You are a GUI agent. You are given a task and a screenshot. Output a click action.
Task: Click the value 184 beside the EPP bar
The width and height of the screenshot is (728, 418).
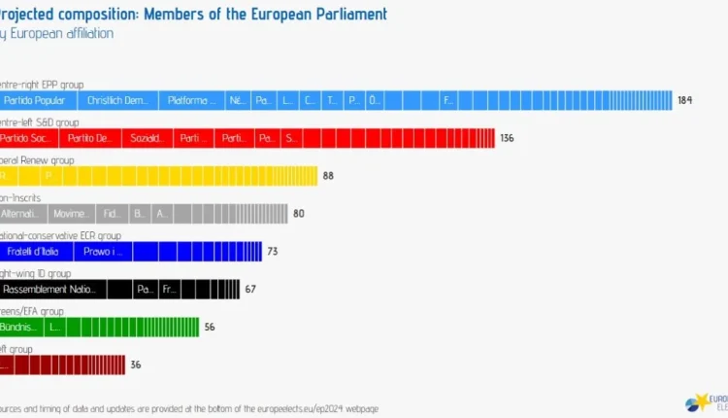pyautogui.click(x=684, y=100)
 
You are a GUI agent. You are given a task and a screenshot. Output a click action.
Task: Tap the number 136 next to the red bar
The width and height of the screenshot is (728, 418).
pyautogui.click(x=507, y=138)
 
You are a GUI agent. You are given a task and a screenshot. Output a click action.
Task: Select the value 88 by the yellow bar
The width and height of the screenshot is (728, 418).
pyautogui.click(x=328, y=176)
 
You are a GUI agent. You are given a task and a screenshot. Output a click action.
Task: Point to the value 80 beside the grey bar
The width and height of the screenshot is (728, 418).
pyautogui.click(x=299, y=214)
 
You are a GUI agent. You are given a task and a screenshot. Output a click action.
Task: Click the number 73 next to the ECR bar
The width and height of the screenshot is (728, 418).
pyautogui.click(x=273, y=252)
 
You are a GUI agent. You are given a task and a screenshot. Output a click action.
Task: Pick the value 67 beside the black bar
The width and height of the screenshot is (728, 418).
pyautogui.click(x=250, y=289)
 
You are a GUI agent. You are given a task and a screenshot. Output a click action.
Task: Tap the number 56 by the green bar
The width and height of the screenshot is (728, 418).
pyautogui.click(x=210, y=328)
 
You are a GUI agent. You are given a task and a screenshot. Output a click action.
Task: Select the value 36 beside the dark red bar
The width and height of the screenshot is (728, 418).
pyautogui.click(x=136, y=366)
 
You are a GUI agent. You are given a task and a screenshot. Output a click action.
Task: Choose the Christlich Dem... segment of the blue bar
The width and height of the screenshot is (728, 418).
pyautogui.click(x=117, y=100)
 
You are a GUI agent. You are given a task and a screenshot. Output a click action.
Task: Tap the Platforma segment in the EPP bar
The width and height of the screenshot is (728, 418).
pyautogui.click(x=190, y=100)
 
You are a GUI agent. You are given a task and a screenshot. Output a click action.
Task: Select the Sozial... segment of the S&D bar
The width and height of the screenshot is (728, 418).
pyautogui.click(x=148, y=138)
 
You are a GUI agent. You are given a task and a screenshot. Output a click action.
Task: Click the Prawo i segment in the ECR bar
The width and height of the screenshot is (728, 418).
pyautogui.click(x=103, y=252)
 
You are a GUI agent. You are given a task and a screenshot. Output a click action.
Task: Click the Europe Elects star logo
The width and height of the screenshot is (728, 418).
pyautogui.click(x=698, y=402)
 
